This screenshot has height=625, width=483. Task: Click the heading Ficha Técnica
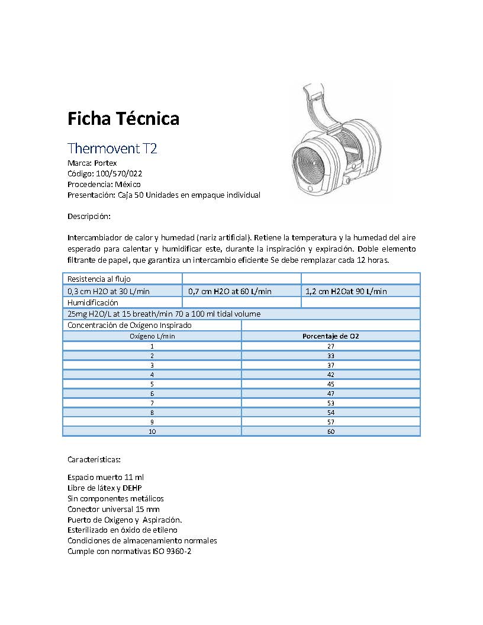[123, 119]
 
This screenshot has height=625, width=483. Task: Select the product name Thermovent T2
[112, 147]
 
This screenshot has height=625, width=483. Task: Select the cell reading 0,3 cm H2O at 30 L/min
[109, 291]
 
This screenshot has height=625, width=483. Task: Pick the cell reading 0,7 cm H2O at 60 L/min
[230, 291]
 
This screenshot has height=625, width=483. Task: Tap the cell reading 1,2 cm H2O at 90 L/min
[346, 291]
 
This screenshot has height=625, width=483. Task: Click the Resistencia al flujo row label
[99, 279]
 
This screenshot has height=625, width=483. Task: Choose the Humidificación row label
[93, 302]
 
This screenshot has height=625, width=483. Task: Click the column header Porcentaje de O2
[330, 336]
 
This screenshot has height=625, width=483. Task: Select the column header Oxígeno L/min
[152, 336]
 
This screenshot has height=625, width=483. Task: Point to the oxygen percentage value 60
[330, 431]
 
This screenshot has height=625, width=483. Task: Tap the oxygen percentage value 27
[330, 346]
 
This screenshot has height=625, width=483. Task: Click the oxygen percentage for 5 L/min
[330, 384]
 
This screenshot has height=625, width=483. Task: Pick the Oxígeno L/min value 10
[152, 431]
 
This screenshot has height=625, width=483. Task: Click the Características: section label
[94, 459]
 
